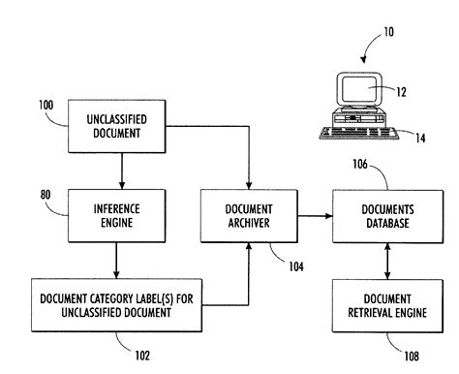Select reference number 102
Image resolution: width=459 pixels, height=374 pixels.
click(141, 355)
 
